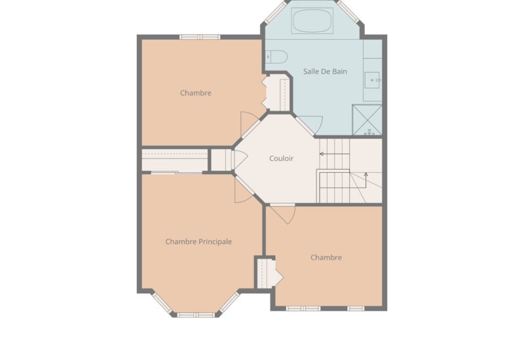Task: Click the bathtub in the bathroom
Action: pos(312,21)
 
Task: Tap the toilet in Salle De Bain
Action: pos(276,57)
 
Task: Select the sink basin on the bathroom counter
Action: pos(372,80)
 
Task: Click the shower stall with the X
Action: pos(367,120)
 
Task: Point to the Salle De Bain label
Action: pos(325,71)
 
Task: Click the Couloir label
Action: pos(281,158)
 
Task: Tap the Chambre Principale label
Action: pos(198,242)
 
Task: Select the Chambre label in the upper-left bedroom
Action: pos(195,93)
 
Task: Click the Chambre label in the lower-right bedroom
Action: pos(326,257)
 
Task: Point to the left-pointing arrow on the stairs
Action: pos(335,154)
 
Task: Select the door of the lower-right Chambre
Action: pos(283,214)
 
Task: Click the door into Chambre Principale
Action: pos(243,192)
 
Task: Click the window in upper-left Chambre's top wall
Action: pos(200,37)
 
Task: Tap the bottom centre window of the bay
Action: pos(196,315)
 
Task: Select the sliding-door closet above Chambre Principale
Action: pos(174,160)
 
